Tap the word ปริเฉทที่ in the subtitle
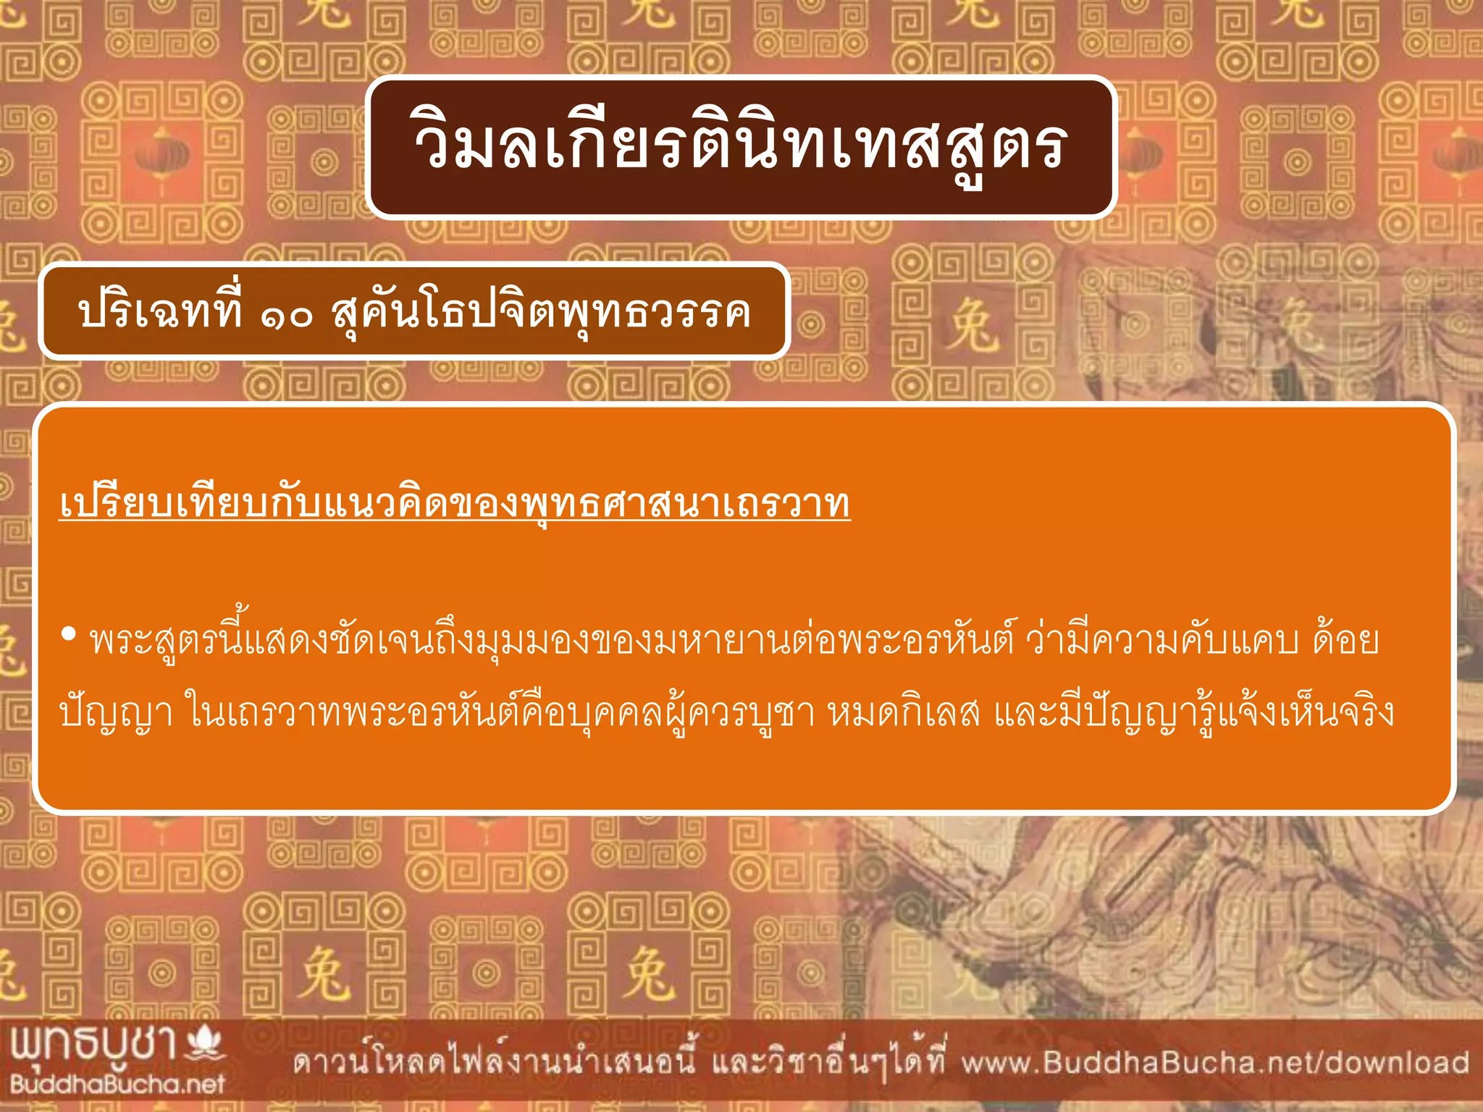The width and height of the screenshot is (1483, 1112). [x=159, y=313]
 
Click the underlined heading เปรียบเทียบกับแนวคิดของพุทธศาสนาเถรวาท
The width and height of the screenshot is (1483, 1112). [x=455, y=503]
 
